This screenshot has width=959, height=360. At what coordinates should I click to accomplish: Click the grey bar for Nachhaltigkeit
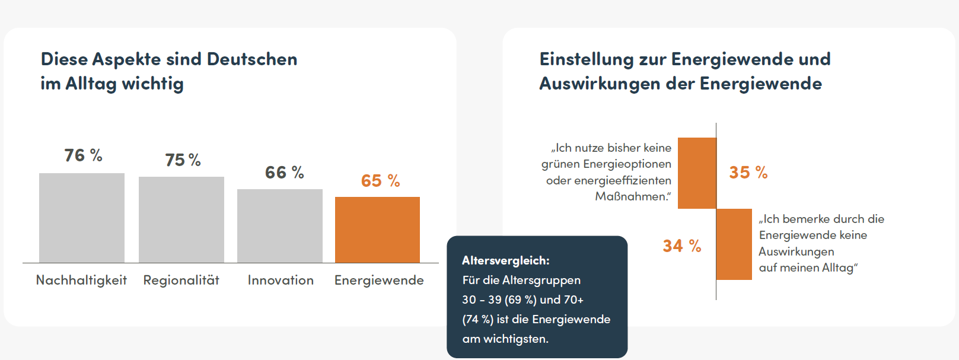click(x=82, y=218)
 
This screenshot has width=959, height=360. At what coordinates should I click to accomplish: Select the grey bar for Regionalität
click(x=181, y=219)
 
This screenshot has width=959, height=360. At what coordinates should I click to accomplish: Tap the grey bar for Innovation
click(x=280, y=226)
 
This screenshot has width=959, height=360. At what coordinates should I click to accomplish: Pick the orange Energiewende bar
click(x=377, y=230)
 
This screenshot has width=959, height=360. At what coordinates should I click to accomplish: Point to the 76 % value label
click(x=83, y=155)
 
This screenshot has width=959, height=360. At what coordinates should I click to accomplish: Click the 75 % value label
click(x=183, y=160)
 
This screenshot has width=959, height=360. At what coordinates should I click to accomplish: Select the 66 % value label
click(x=284, y=173)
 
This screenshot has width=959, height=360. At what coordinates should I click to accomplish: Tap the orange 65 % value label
click(x=380, y=181)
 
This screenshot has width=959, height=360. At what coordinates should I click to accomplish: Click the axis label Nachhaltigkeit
click(x=81, y=280)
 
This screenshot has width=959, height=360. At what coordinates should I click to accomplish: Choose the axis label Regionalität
click(x=181, y=280)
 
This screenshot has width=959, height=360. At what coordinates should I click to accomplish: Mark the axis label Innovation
click(x=281, y=280)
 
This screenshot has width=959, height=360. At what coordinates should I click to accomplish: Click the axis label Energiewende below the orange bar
click(x=379, y=280)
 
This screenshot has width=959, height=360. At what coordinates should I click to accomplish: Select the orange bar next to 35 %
click(x=697, y=173)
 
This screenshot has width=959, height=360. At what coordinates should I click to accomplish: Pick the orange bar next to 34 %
click(x=734, y=244)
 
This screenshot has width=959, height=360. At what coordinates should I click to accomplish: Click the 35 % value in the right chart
click(x=748, y=173)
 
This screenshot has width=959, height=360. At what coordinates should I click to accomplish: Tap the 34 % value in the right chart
click(x=681, y=246)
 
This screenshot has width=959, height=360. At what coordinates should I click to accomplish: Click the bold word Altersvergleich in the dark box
click(x=505, y=260)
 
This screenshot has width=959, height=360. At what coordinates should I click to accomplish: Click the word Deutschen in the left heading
click(x=252, y=59)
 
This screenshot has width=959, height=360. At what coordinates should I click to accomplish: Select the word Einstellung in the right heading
click(x=587, y=59)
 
